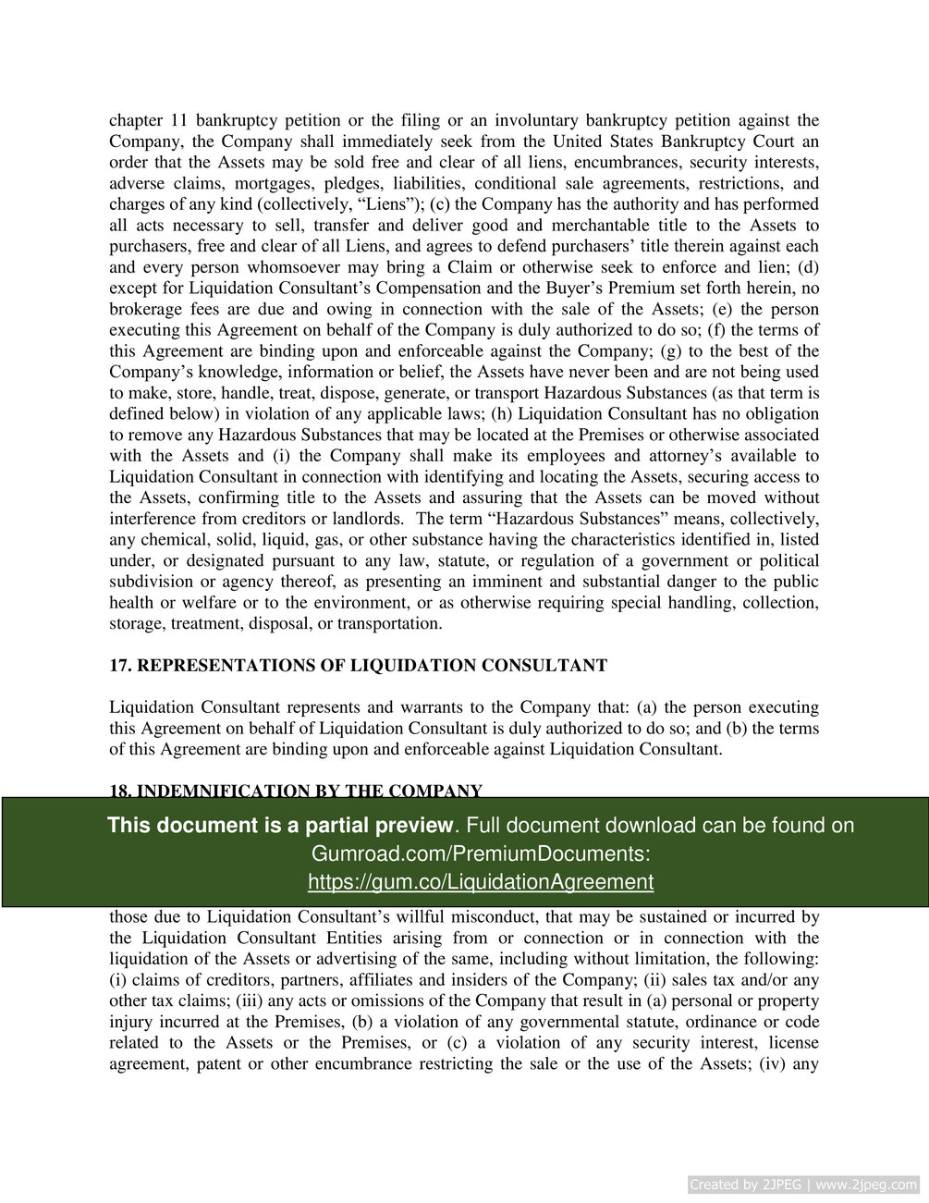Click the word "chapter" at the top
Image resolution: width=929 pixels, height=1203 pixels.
point(136,120)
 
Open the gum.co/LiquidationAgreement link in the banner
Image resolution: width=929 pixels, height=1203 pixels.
point(481,881)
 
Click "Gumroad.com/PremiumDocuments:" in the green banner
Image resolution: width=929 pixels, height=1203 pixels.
point(481,853)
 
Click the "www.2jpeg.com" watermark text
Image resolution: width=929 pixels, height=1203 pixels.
point(869,1185)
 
